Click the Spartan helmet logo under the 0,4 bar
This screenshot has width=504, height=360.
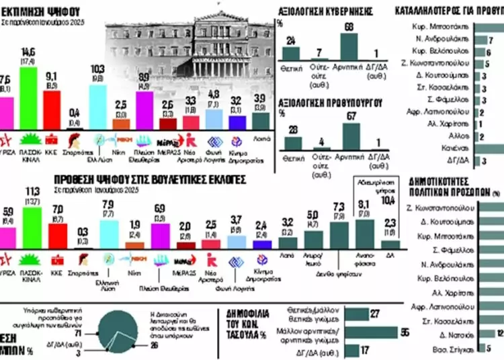tap(75, 140)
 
